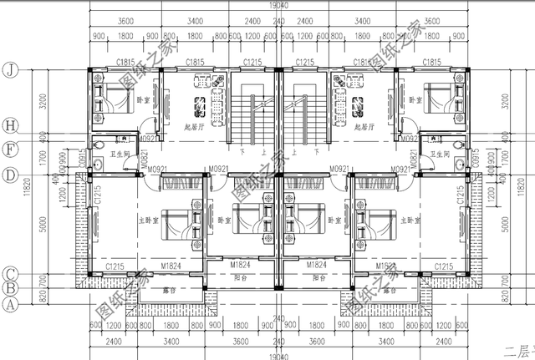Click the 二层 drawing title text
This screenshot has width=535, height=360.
click(x=518, y=352)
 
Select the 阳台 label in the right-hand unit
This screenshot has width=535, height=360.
click(x=318, y=277)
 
